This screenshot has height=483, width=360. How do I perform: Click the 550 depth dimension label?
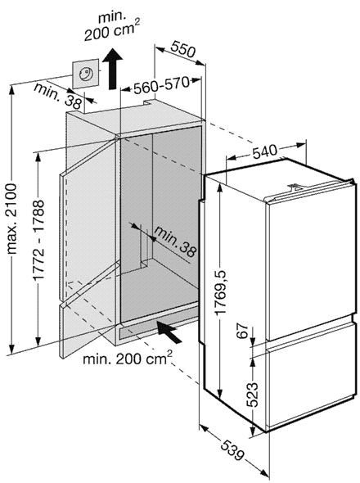tap(183, 49)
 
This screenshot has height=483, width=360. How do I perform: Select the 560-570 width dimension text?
tap(160, 85)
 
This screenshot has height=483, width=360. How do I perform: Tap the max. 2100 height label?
tap(11, 219)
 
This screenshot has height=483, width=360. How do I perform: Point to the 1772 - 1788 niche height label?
tap(39, 240)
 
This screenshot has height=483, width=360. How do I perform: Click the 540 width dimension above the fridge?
tap(265, 151)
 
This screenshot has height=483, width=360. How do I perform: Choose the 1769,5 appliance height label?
tap(221, 292)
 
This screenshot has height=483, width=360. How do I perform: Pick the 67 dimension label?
tap(244, 331)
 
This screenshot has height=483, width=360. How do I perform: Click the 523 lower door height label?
tap(252, 395)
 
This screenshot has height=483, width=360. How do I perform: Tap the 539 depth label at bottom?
tap(233, 450)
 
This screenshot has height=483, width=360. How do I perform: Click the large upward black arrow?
tap(112, 69)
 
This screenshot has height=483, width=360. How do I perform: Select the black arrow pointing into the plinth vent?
tap(169, 332)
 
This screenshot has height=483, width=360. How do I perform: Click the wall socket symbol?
tap(85, 74)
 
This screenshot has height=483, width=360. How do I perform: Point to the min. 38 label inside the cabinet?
tap(175, 241)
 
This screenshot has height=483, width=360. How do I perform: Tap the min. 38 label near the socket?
tap(59, 96)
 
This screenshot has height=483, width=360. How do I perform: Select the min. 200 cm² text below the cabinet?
tap(128, 358)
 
